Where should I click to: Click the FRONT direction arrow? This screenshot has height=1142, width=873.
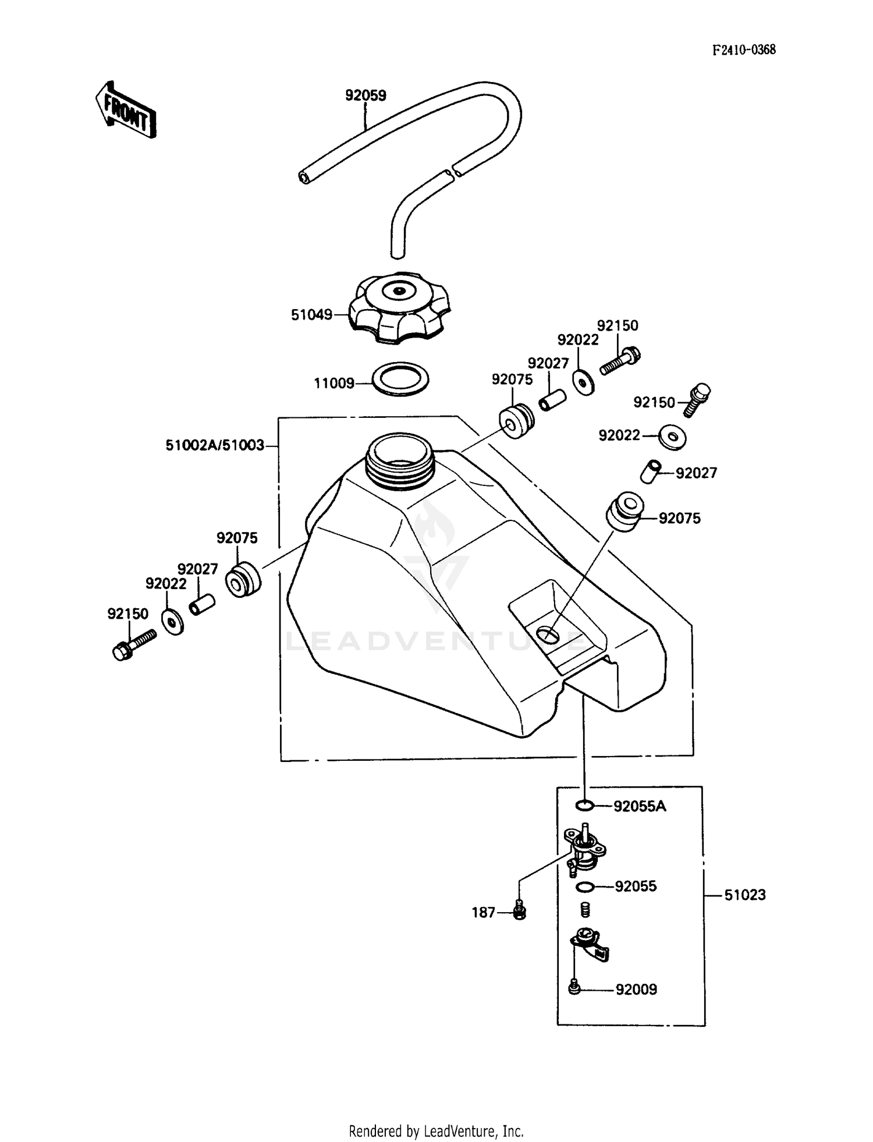point(126,109)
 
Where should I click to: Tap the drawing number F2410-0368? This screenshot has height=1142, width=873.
point(744,49)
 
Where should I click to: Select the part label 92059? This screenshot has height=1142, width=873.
point(365,95)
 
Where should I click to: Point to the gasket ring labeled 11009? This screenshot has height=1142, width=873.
point(400,379)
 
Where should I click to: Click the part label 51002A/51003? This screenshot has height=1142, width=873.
point(215,446)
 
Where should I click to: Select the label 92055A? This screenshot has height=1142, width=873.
point(640,806)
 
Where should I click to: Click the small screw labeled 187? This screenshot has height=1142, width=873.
point(520,910)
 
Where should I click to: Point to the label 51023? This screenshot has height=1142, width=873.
point(744,895)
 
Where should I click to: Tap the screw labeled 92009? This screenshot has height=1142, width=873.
point(574,988)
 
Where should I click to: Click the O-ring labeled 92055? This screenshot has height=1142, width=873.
point(584,887)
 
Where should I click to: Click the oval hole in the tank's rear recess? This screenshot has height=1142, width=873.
point(548,634)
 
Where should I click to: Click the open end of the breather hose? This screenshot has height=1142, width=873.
point(304,178)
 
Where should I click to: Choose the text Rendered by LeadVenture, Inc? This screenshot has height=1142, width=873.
point(436,1131)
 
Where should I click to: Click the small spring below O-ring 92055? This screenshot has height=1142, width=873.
point(585,909)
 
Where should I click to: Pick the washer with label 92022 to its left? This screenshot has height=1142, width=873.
point(672,437)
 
